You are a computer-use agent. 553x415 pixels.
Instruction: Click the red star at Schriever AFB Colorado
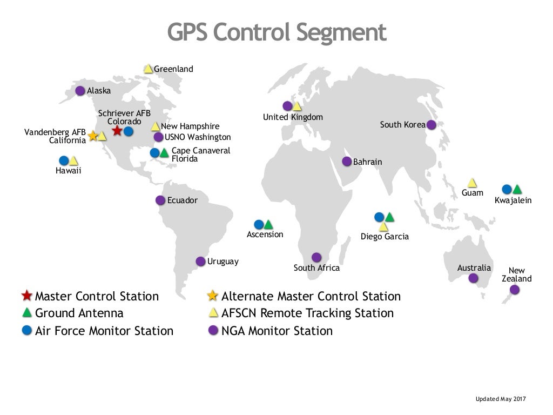[x=117, y=131]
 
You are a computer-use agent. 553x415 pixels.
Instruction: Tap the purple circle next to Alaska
[x=80, y=91]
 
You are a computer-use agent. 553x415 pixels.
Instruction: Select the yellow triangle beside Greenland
[x=148, y=69]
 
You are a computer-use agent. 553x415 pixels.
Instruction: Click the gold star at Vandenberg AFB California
[x=92, y=136]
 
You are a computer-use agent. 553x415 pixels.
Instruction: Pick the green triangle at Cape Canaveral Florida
[x=164, y=153]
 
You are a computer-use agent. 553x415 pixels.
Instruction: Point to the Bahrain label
[x=367, y=162]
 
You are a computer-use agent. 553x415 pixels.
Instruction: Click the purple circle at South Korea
[x=431, y=125]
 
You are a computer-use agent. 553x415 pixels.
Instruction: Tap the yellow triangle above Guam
[x=472, y=183]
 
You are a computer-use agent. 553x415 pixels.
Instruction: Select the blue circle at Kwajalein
[x=507, y=189]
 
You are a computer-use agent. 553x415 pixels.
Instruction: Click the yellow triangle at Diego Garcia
[x=383, y=227]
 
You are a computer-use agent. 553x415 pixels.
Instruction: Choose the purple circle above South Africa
[x=316, y=257]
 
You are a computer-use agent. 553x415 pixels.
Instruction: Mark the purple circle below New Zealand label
[x=515, y=290]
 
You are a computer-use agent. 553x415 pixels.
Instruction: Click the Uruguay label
[x=222, y=262]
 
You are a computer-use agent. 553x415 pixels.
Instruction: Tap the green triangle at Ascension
[x=268, y=224]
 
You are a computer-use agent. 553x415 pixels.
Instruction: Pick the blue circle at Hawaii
[x=64, y=160]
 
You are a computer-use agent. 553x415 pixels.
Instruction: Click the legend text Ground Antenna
[x=79, y=313]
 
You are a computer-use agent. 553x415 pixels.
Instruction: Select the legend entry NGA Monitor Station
[x=277, y=331]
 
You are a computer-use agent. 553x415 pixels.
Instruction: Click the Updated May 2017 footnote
[x=500, y=399]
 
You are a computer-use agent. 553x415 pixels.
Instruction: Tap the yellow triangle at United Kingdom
[x=297, y=106]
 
